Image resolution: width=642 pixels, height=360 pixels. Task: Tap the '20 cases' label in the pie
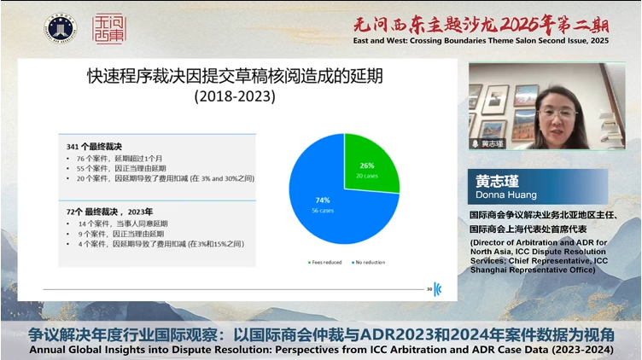(365, 176)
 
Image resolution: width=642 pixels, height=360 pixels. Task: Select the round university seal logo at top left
(60, 28)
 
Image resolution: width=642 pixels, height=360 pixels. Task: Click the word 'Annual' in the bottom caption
(51, 349)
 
